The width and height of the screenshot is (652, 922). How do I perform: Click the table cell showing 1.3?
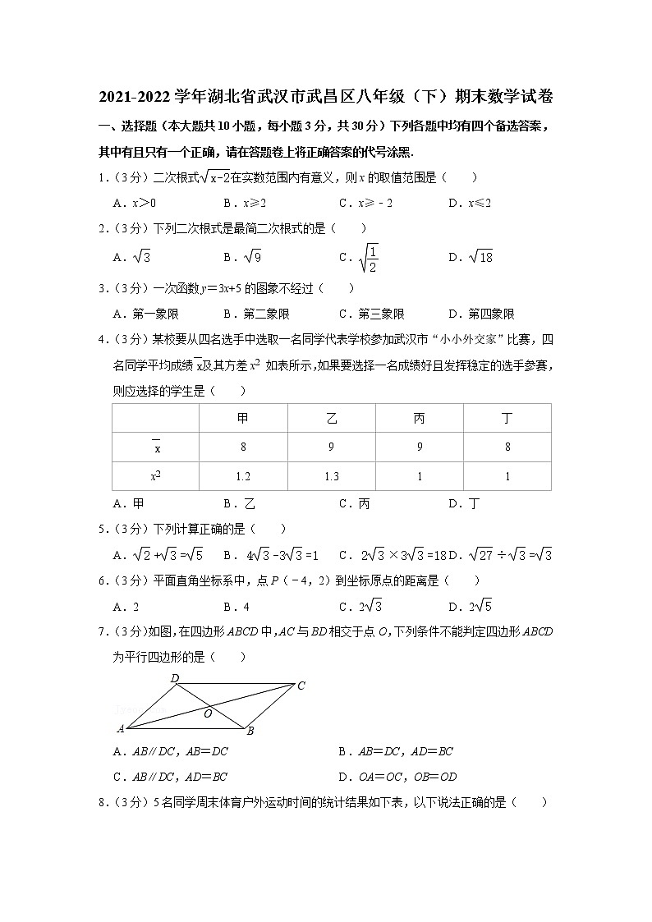pyautogui.click(x=332, y=476)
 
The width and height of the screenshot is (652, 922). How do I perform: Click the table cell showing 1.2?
pyautogui.click(x=243, y=476)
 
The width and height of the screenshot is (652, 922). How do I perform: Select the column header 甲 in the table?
pyautogui.click(x=243, y=419)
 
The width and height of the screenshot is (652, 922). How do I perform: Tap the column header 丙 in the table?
pyautogui.click(x=420, y=419)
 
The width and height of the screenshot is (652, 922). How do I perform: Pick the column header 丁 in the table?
pyautogui.click(x=507, y=419)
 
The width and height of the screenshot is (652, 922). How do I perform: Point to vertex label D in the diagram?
pyautogui.click(x=175, y=678)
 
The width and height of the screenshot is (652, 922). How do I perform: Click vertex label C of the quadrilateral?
pyautogui.click(x=301, y=686)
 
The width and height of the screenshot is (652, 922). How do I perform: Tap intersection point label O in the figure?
pyautogui.click(x=208, y=713)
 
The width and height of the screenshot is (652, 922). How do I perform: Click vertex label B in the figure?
pyautogui.click(x=250, y=731)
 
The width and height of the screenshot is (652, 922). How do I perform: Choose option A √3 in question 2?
pyautogui.click(x=132, y=257)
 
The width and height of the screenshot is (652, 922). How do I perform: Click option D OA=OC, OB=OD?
pyautogui.click(x=397, y=776)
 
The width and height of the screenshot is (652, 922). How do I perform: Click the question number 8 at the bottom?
pyautogui.click(x=103, y=803)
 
